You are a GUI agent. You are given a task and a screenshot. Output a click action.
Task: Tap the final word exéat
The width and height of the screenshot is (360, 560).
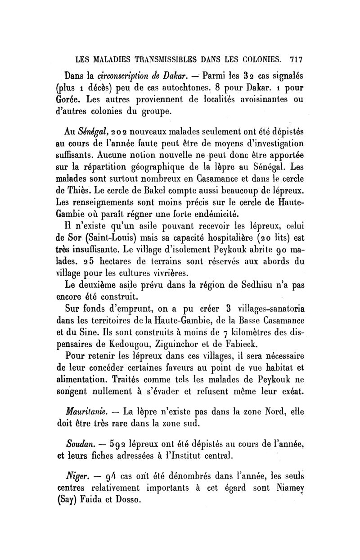[x=292, y=392]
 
